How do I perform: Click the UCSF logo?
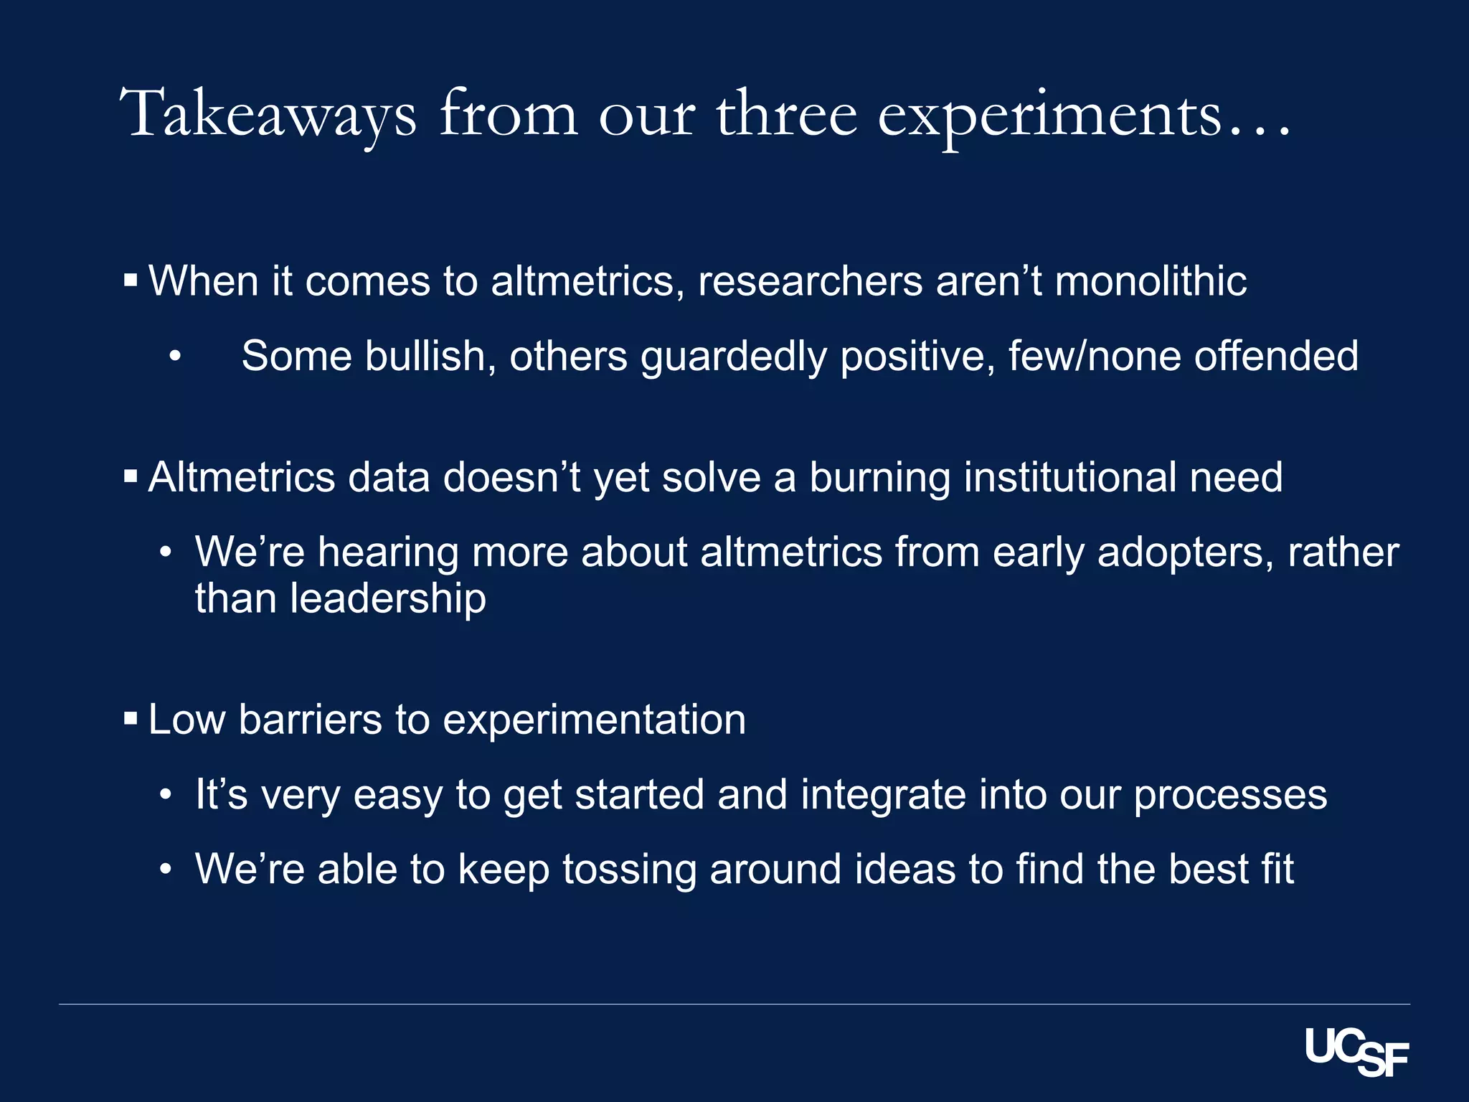pos(1356,1052)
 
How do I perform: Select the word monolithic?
pos(1151,281)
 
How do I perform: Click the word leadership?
pos(388,598)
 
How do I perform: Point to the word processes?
pos(1230,795)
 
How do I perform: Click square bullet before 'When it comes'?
pos(131,280)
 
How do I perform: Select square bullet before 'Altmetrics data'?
pos(131,476)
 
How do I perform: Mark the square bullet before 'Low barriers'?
pos(131,718)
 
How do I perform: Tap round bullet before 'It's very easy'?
pos(166,795)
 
